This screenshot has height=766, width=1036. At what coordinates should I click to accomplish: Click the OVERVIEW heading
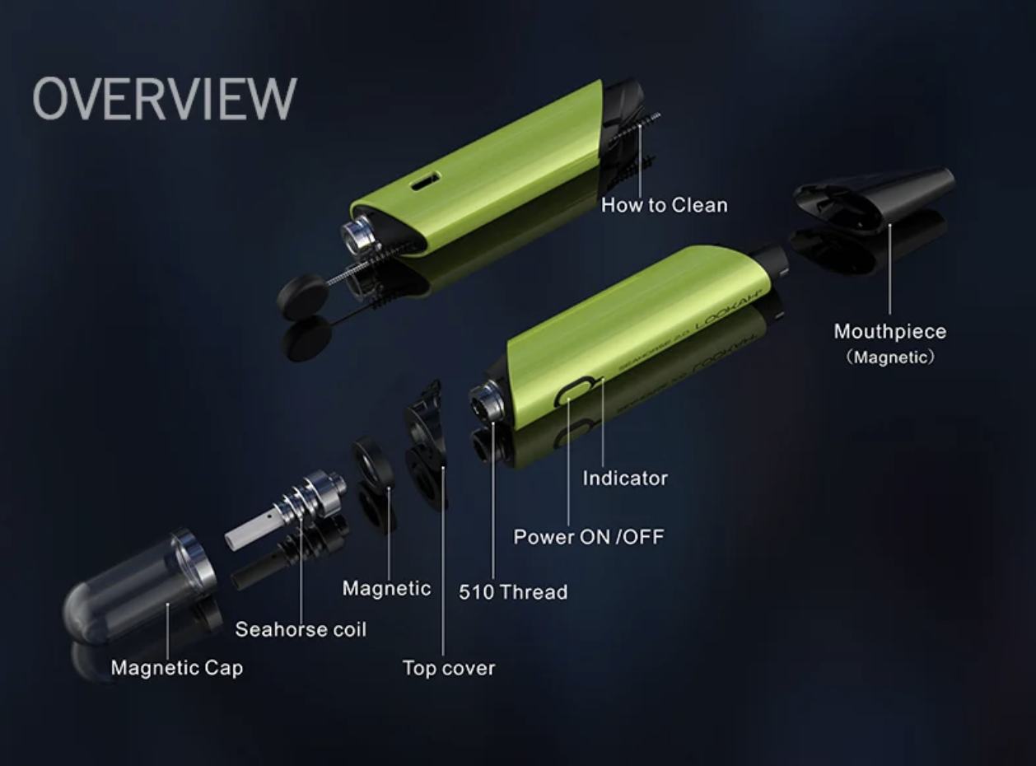[x=165, y=99]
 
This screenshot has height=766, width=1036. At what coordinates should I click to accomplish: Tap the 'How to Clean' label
[x=665, y=205]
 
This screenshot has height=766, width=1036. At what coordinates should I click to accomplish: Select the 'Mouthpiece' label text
[x=890, y=331]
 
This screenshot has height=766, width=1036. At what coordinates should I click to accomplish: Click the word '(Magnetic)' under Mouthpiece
[x=890, y=357]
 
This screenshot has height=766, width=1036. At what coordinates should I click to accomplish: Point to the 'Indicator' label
[x=625, y=478]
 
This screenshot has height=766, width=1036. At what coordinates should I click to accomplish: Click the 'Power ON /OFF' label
[x=589, y=537]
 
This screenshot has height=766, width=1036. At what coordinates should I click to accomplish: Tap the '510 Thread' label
[x=513, y=592]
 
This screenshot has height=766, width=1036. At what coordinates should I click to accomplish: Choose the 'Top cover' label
[x=448, y=668]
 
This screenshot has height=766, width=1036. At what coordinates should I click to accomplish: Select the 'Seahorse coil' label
[x=301, y=629]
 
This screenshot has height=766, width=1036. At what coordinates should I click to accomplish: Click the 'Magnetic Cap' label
[x=176, y=668]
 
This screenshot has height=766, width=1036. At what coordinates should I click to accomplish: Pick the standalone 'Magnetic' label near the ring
[x=386, y=588]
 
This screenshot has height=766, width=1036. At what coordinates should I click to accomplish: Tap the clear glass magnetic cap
[x=139, y=586]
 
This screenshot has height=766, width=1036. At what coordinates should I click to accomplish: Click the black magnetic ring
[x=372, y=468]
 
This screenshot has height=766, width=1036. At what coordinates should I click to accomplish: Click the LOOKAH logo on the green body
[x=729, y=311]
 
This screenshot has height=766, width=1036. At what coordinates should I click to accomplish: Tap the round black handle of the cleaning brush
[x=301, y=297]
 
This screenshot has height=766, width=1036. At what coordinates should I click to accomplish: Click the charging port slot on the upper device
[x=425, y=181]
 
